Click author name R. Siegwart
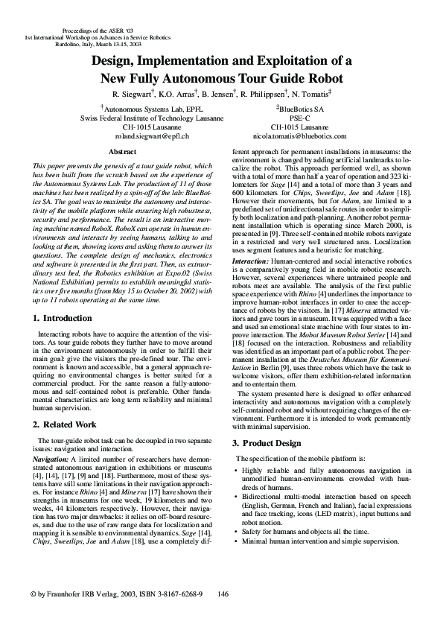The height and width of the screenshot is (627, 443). click(134, 95)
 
